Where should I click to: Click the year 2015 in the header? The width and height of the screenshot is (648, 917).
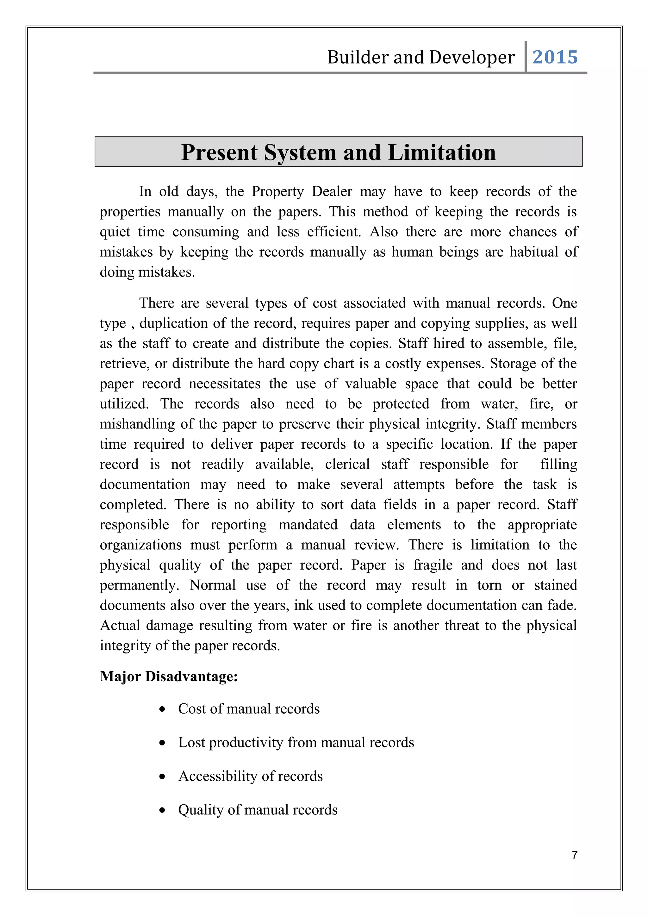555,57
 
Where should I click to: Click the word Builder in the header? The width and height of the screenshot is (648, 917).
358,57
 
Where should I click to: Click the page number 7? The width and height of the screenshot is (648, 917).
575,855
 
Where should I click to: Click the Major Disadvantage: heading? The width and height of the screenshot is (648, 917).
169,677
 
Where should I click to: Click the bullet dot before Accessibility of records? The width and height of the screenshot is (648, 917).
162,777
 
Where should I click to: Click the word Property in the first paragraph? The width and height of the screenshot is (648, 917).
278,191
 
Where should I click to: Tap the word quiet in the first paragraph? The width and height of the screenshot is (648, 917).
115,232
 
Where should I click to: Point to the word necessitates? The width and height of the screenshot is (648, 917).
224,384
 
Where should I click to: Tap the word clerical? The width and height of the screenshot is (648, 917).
347,464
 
